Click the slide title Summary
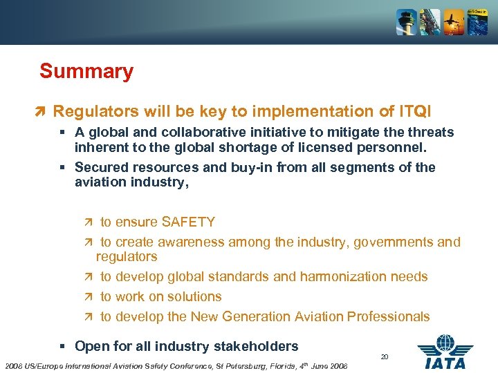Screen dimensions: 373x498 click(86, 71)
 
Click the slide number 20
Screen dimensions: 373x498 click(385, 356)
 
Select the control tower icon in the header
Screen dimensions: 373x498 click(406, 22)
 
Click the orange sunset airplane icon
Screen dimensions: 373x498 click(454, 22)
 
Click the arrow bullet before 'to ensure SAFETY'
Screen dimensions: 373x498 click(87, 222)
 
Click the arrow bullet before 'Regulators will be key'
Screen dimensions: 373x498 click(42, 112)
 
